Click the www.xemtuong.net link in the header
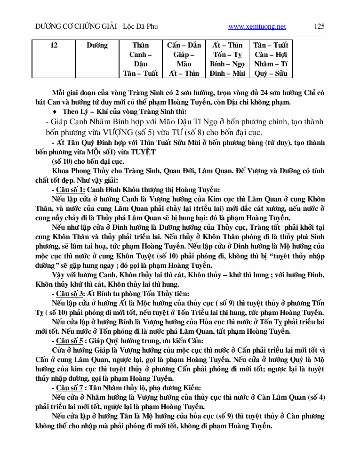coord(257,27)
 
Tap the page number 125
coord(319,26)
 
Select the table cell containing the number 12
coord(54,45)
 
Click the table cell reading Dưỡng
coord(97,45)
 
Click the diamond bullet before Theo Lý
coord(56,111)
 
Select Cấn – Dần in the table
coord(184,45)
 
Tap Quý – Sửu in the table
coord(271,73)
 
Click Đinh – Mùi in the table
coord(227,73)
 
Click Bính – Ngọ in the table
coord(227,64)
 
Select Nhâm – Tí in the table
coord(271,64)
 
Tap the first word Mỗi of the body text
coord(60,93)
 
